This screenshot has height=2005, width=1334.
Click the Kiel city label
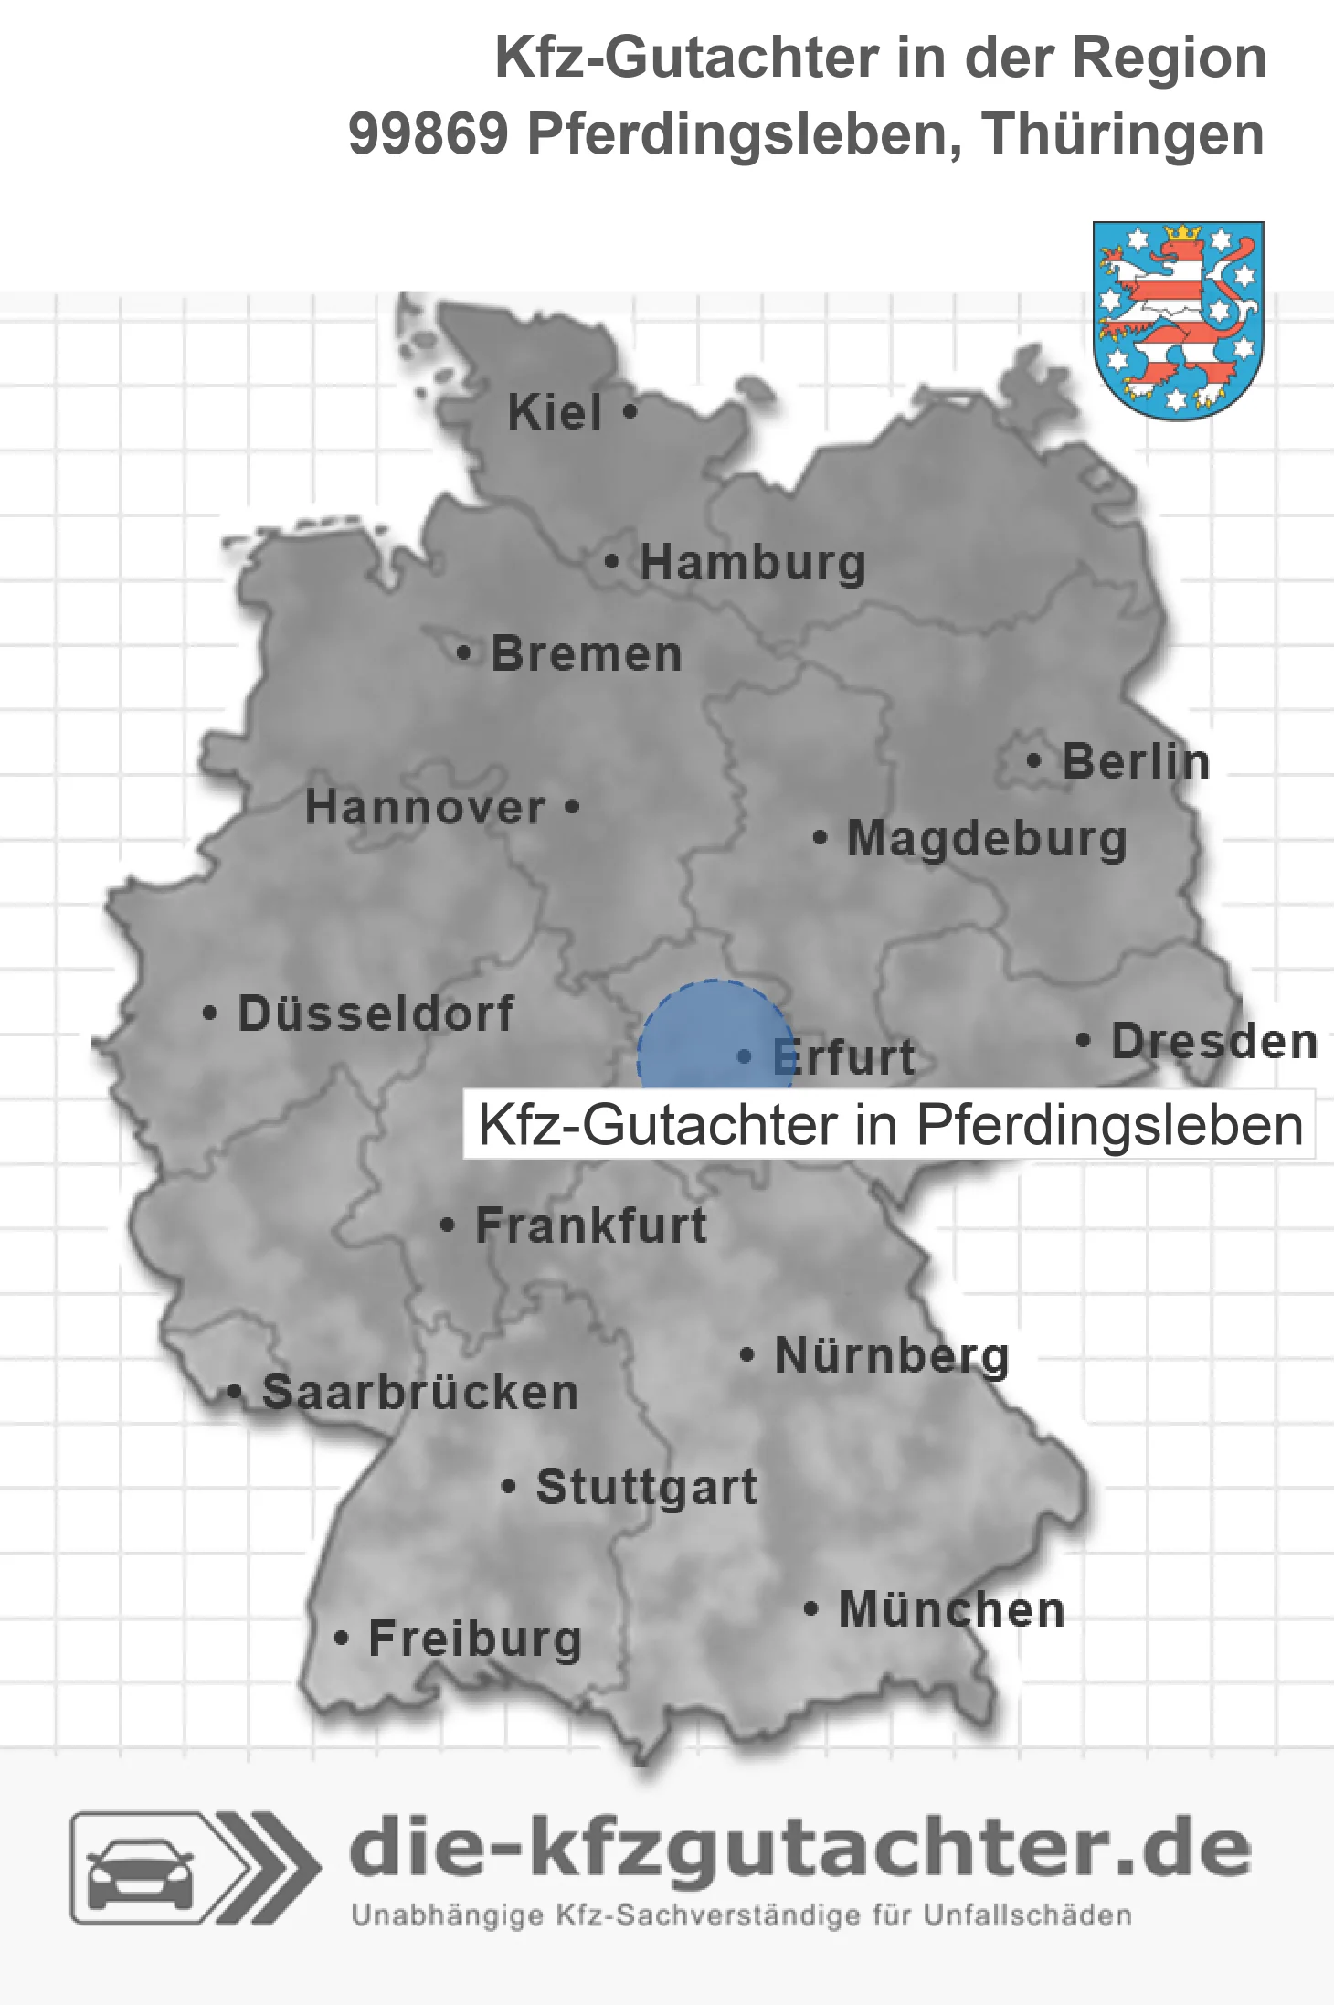(555, 412)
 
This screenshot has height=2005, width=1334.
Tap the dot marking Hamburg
(612, 561)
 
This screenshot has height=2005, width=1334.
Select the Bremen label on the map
(587, 654)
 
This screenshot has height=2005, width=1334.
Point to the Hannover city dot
(572, 806)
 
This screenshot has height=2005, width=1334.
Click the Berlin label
(1136, 761)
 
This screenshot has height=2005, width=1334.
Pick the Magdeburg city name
(987, 838)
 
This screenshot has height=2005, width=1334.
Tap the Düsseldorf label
(376, 1013)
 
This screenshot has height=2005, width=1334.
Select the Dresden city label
(1214, 1041)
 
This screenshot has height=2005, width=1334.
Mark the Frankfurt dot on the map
(447, 1225)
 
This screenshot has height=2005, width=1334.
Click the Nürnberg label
(892, 1355)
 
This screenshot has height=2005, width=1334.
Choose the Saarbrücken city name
(420, 1393)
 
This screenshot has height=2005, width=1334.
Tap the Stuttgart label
(646, 1487)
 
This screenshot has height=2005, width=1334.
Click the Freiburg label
(475, 1639)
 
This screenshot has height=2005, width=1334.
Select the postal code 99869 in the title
(428, 134)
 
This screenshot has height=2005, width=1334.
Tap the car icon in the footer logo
(140, 1873)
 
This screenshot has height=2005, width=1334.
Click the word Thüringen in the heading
(1123, 134)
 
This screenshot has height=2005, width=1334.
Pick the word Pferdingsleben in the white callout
(1109, 1125)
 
